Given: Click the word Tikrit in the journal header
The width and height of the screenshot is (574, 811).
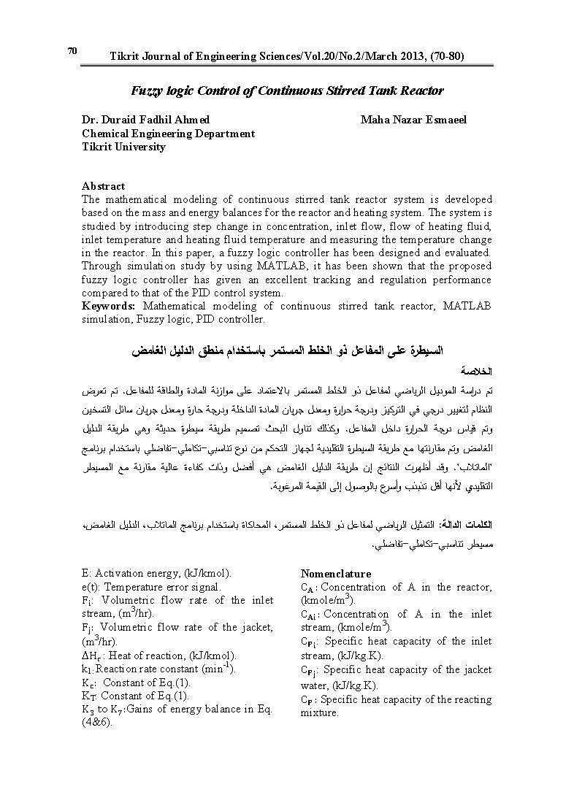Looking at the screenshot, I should coord(126,56).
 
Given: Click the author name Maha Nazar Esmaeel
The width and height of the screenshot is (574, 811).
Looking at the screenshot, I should coord(413,120).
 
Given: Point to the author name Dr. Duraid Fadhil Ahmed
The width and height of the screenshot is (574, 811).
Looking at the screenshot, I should coord(145,120).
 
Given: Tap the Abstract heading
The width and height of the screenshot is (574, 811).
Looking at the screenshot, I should coord(103,186).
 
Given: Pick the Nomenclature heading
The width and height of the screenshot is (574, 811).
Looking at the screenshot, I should coord(336,574).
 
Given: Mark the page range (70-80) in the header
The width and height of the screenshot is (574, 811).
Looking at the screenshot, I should coord(440,56).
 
